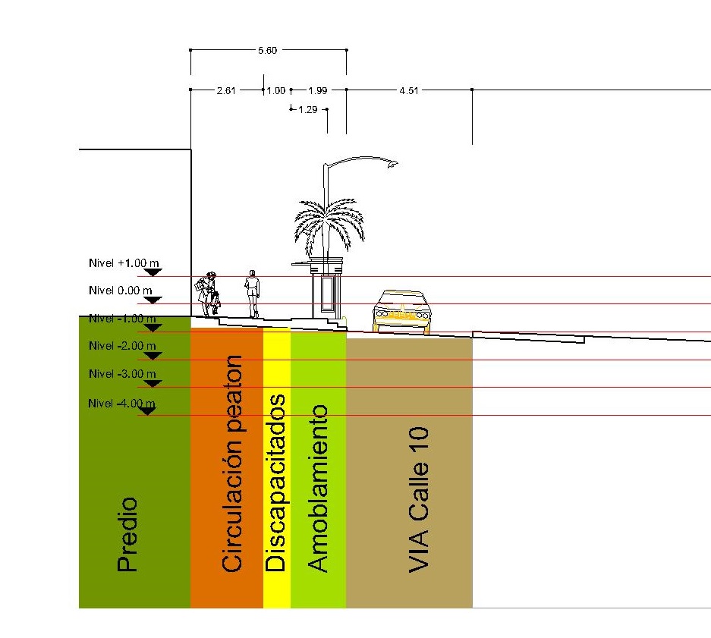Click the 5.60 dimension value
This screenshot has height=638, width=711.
point(268,50)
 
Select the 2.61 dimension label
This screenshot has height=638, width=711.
point(226,90)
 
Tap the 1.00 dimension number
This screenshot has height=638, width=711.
point(276,90)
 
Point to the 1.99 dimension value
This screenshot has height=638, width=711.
point(317,90)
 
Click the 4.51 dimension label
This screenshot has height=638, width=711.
point(409,90)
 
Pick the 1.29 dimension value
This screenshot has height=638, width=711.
point(308,109)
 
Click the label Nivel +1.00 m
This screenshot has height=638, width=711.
point(124,263)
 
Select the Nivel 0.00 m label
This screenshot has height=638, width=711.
point(121,291)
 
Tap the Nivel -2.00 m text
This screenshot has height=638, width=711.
point(122,345)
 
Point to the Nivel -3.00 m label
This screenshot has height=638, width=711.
point(122,374)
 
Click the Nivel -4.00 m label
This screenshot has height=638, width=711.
point(121,403)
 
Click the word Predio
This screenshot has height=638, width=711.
point(127,534)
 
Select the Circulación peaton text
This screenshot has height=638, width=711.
point(231,463)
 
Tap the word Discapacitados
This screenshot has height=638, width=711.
point(275,483)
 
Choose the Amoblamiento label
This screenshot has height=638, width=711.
point(317,489)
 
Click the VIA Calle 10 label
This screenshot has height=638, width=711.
point(418,500)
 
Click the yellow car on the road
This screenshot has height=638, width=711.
point(401,311)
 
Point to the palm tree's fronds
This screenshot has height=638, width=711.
point(329,225)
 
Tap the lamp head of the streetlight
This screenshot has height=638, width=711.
point(392,163)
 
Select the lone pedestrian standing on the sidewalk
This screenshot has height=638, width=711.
point(252,294)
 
